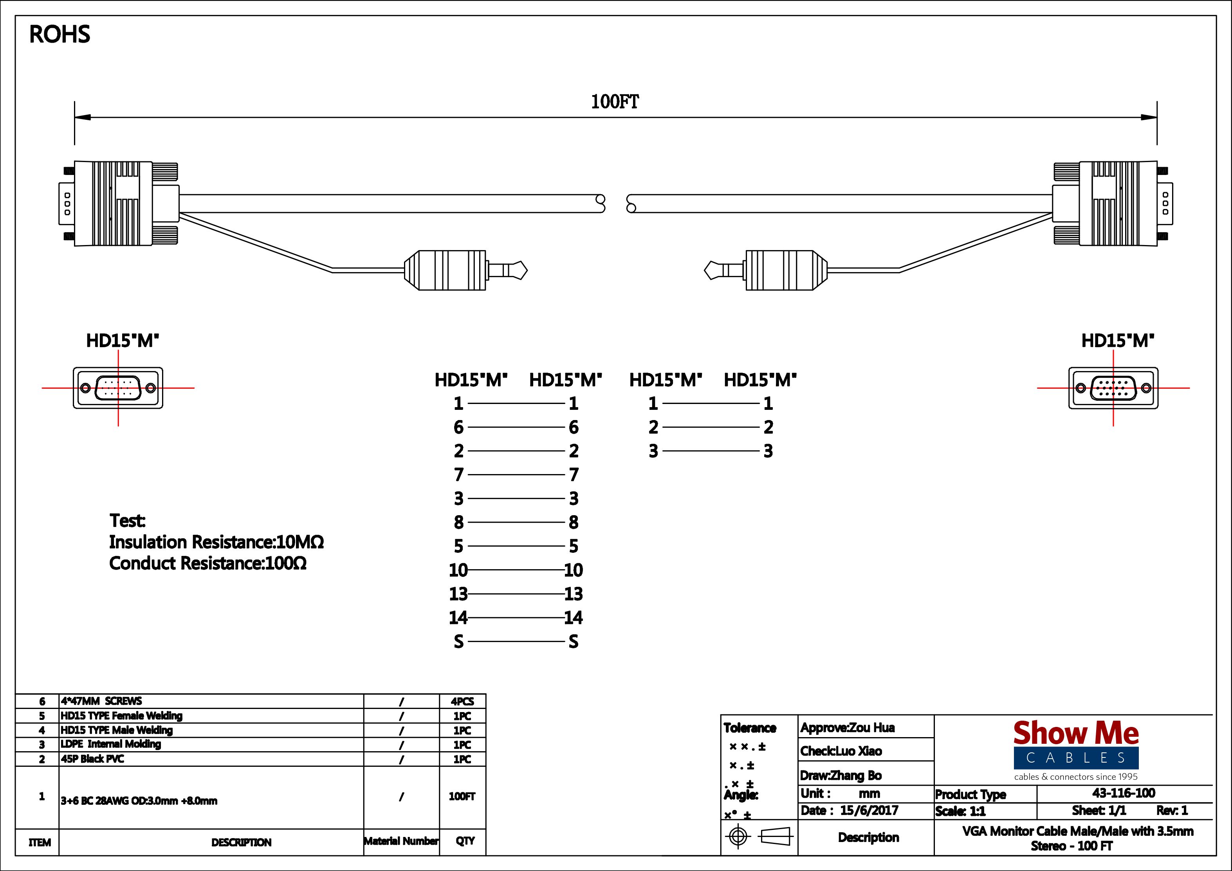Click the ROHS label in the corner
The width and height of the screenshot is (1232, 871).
(60, 34)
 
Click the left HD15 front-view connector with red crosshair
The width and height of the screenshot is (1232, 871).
(118, 388)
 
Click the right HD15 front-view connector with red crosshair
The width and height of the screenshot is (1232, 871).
(1113, 388)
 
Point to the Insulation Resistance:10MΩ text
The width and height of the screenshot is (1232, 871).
(216, 542)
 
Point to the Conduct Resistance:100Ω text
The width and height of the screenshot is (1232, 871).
(207, 563)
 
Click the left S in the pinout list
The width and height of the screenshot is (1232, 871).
(458, 641)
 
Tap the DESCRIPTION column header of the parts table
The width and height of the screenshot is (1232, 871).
(242, 842)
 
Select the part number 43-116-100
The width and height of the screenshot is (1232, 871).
(1124, 793)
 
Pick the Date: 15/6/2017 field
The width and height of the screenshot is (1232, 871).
(850, 810)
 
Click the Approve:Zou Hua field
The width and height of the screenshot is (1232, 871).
(848, 727)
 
